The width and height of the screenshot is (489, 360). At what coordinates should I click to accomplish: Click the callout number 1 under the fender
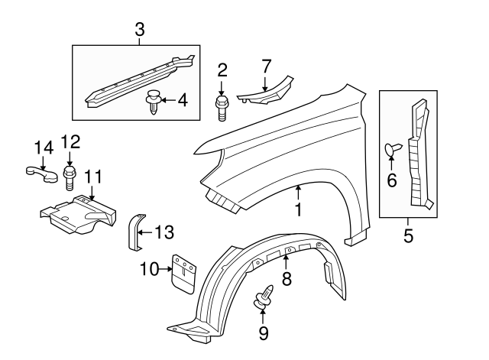point(300,209)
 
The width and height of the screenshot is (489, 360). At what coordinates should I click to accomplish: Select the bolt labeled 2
point(222,104)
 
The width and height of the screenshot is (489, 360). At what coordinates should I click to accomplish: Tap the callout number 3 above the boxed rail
point(139,31)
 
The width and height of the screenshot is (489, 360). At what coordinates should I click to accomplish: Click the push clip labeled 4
point(155,100)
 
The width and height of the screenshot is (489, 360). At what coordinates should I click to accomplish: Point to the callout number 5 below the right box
point(408,237)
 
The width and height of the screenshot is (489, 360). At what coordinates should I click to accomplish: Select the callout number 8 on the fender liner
point(287,280)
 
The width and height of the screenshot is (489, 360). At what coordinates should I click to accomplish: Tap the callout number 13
point(165,232)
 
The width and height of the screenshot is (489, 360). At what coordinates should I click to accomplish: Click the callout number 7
point(266,66)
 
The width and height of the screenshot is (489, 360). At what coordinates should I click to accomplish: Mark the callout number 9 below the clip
point(264,332)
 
